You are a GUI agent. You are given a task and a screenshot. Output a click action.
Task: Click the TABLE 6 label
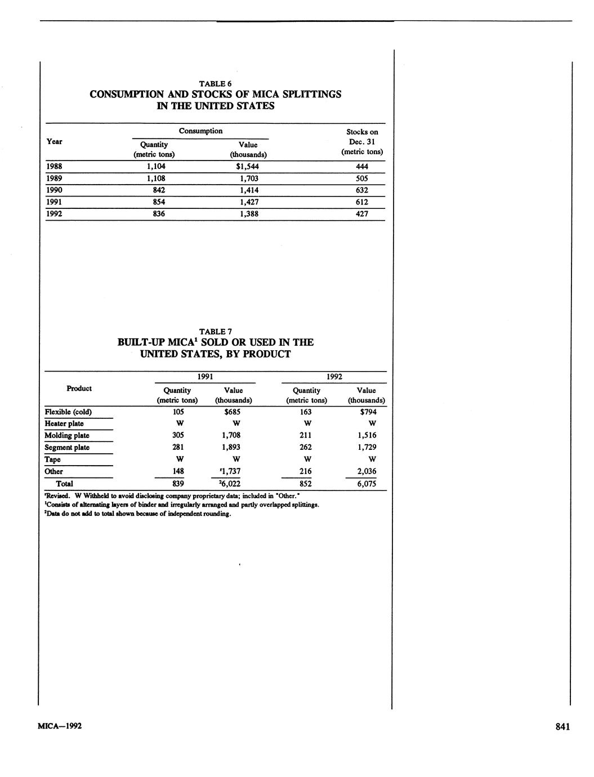point(216,83)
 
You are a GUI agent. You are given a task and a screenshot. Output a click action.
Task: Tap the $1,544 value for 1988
point(247,167)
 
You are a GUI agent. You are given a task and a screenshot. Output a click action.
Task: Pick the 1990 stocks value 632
point(361,190)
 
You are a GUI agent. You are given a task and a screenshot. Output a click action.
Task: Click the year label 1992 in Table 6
point(55,214)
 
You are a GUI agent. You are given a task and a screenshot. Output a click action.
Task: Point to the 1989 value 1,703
point(248,178)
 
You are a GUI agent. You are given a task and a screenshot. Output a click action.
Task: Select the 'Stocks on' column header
point(362,132)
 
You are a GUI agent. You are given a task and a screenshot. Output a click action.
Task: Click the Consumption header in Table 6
point(200,131)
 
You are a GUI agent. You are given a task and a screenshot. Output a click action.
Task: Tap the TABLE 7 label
point(216,331)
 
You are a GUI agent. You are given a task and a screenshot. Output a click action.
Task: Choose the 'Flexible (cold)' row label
point(68,412)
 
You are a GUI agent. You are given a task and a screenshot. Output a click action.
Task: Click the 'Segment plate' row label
point(67,448)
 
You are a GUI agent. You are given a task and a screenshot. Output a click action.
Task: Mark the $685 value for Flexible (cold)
point(233,412)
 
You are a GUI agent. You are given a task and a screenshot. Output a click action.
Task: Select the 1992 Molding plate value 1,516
point(366,435)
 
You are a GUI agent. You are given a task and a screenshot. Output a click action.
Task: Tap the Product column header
point(79,388)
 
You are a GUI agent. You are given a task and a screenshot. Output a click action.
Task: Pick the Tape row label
point(52,459)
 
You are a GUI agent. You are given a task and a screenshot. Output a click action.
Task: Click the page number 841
point(562,727)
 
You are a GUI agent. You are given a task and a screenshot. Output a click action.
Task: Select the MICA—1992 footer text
point(60,726)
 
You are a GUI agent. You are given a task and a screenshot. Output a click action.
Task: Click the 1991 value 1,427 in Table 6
point(248,202)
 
